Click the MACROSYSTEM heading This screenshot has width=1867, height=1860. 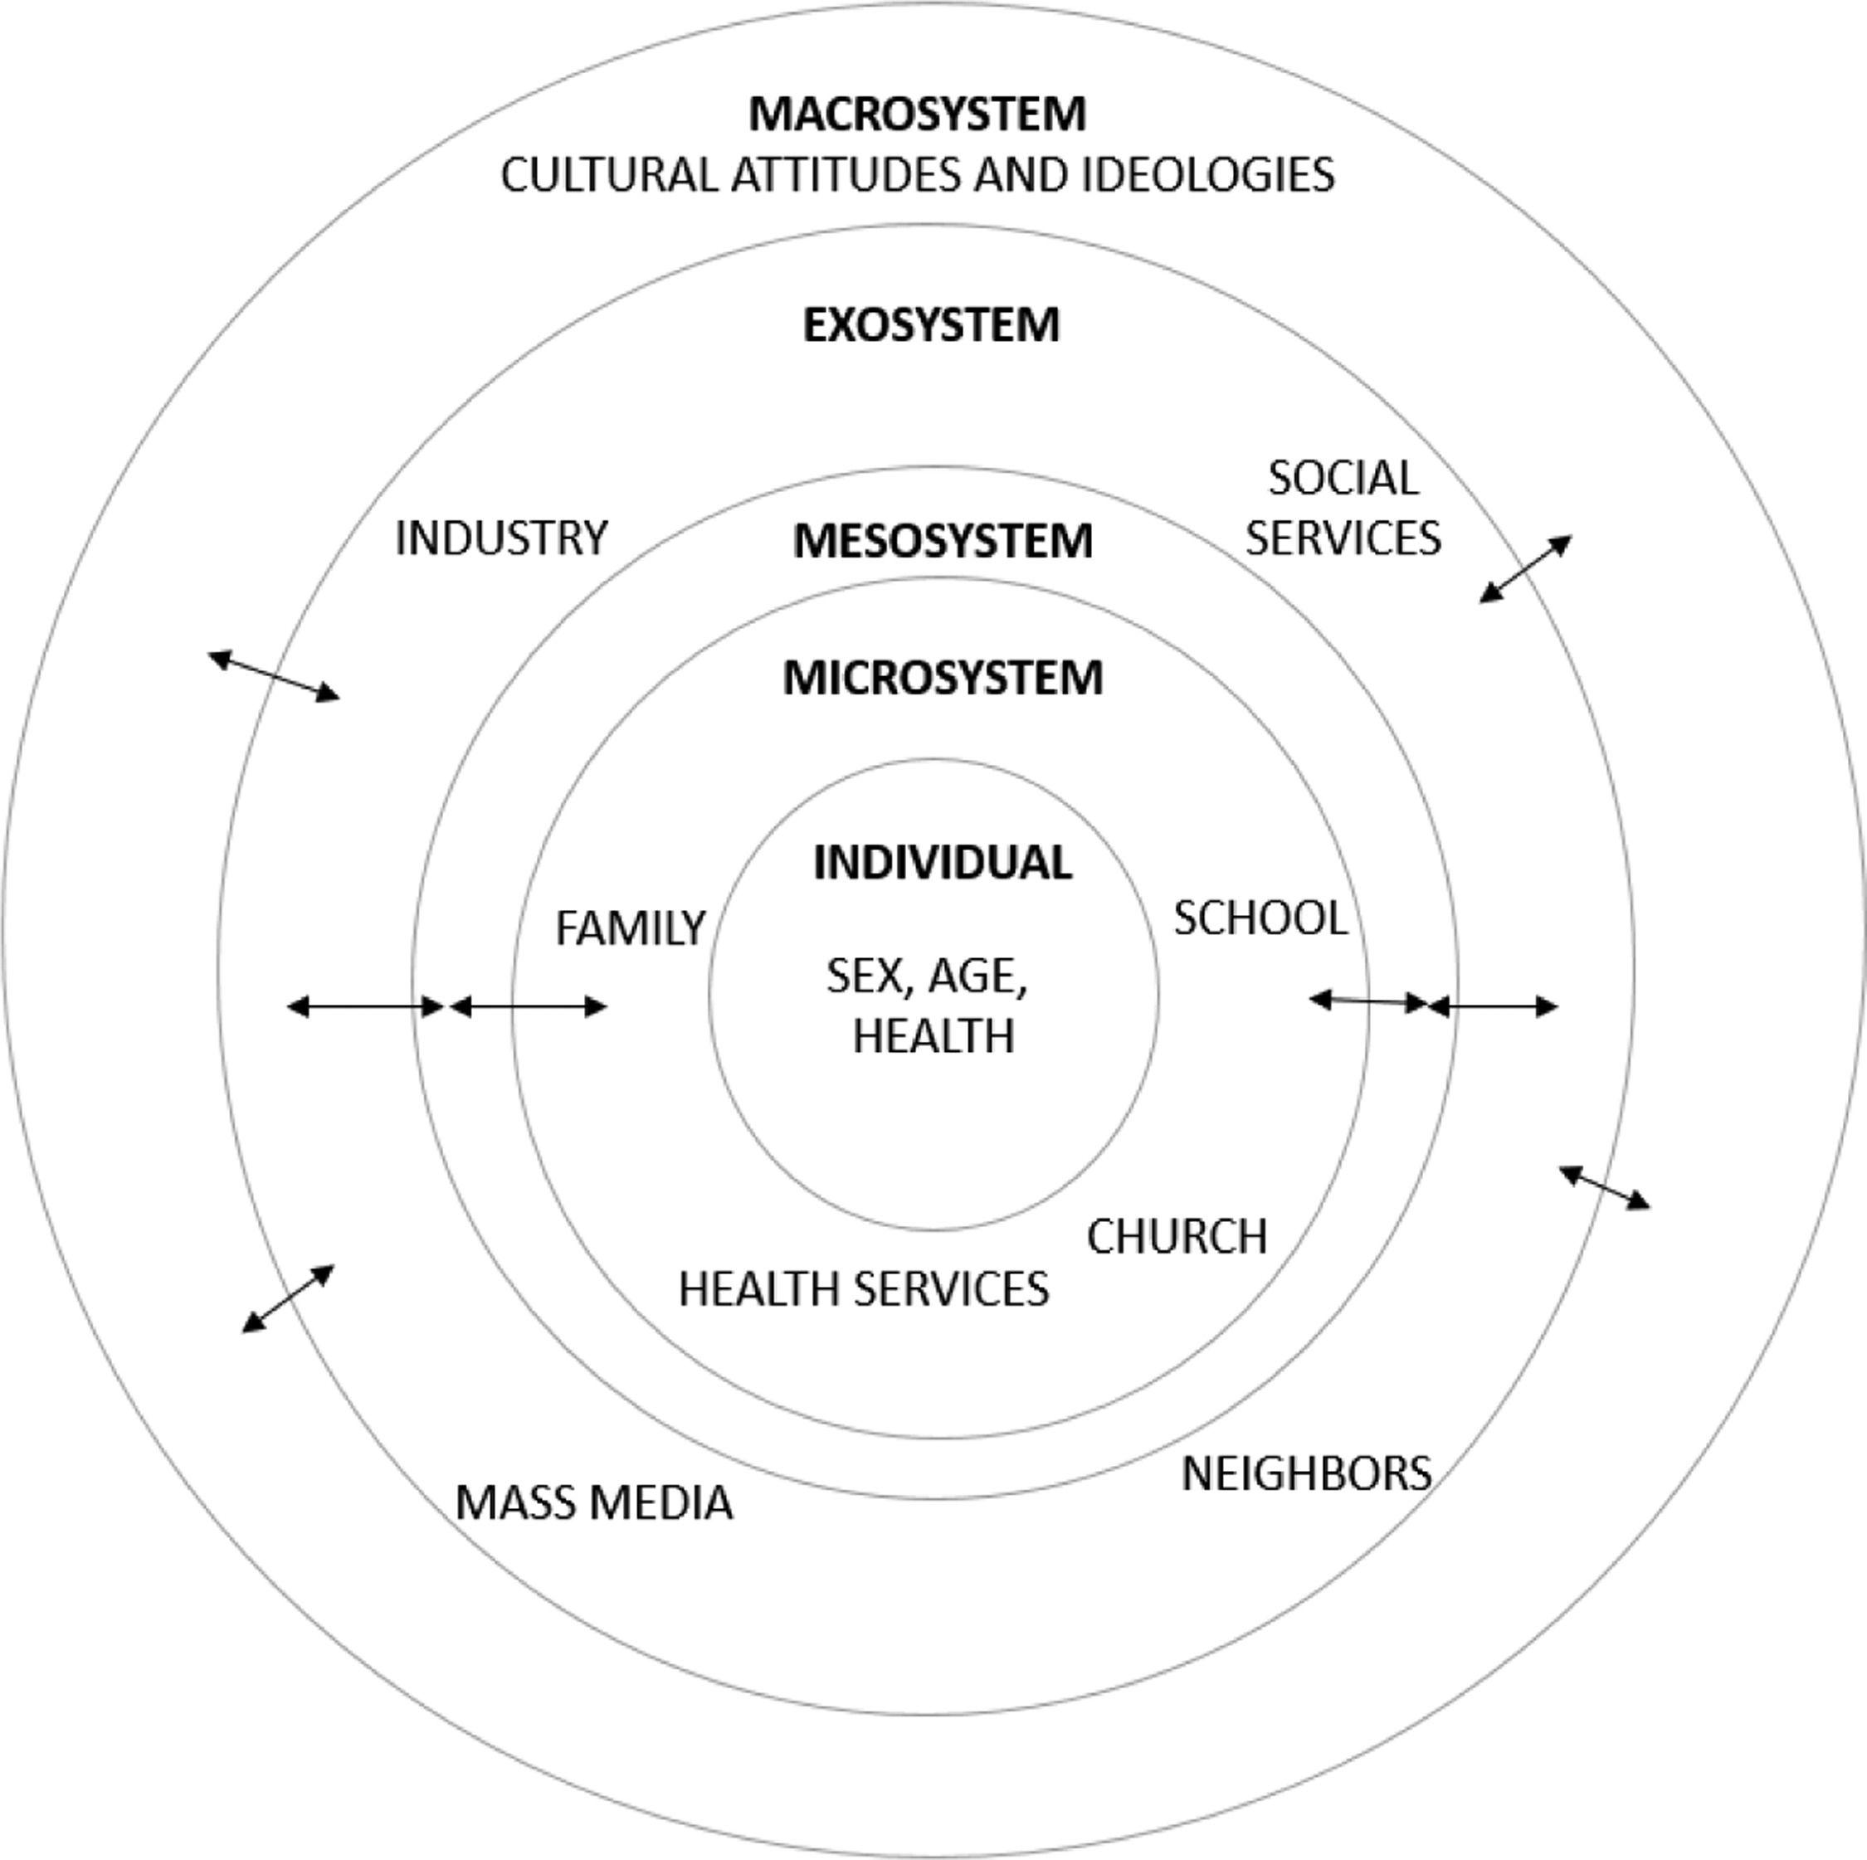tap(917, 114)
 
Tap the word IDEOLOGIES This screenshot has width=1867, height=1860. tap(1207, 175)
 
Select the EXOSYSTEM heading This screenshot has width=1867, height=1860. tap(931, 324)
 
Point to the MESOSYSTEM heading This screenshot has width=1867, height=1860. tap(942, 540)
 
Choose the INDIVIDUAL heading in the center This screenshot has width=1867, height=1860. tap(942, 862)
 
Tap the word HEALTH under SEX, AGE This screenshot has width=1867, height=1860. tap(933, 1036)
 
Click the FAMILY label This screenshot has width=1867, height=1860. tap(630, 928)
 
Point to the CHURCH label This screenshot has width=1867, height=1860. tap(1177, 1236)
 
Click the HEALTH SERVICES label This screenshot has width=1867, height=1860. tap(863, 1288)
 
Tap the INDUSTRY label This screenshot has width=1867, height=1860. tap(501, 538)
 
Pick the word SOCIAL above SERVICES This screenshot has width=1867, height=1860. tap(1343, 477)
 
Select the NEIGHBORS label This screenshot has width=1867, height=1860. tap(1305, 1473)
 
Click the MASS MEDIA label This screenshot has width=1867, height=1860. tap(593, 1502)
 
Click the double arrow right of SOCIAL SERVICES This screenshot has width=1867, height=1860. tap(1526, 569)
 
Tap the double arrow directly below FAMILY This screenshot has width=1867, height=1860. tap(529, 1007)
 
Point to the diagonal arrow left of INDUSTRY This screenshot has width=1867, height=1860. tap(275, 674)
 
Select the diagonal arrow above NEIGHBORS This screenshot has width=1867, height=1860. tap(1604, 1187)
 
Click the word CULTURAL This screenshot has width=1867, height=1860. tap(609, 175)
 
